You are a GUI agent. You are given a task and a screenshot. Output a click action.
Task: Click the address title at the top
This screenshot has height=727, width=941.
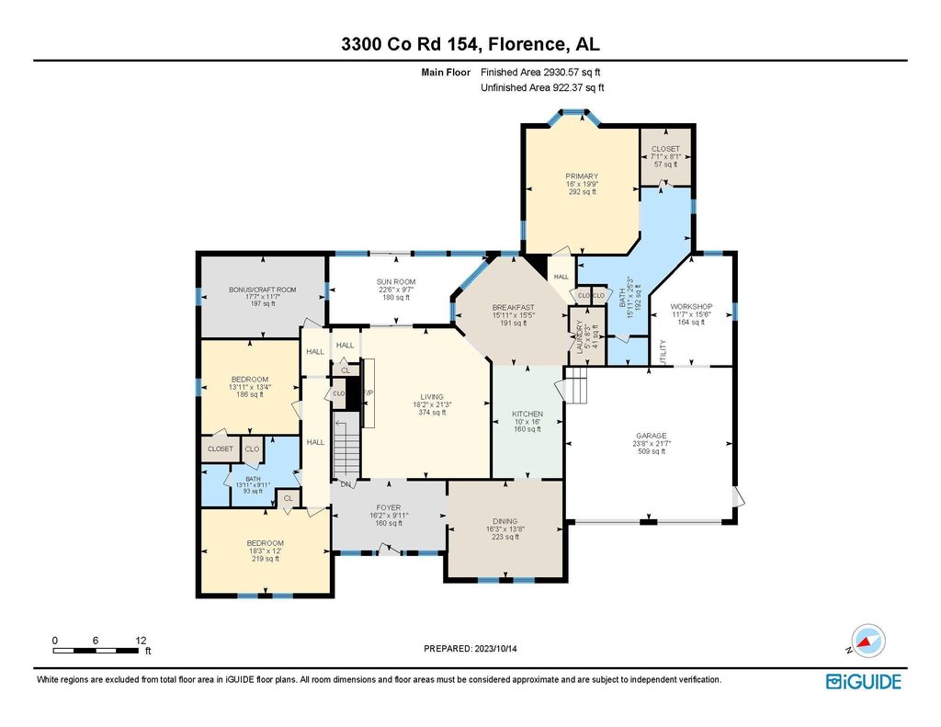(x=470, y=44)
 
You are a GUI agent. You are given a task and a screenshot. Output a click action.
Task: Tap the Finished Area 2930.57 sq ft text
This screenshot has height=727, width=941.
(x=540, y=72)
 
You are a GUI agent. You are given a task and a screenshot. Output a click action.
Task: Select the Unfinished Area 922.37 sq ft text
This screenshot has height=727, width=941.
(x=542, y=87)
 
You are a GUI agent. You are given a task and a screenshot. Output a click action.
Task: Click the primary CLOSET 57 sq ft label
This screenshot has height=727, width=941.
(x=665, y=156)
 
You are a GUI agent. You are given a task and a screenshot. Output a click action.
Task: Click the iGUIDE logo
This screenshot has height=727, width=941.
(x=864, y=681)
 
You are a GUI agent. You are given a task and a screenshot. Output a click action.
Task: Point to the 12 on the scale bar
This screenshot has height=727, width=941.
(x=141, y=641)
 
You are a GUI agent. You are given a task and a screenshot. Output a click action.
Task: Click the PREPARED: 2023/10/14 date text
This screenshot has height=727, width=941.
(x=470, y=649)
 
